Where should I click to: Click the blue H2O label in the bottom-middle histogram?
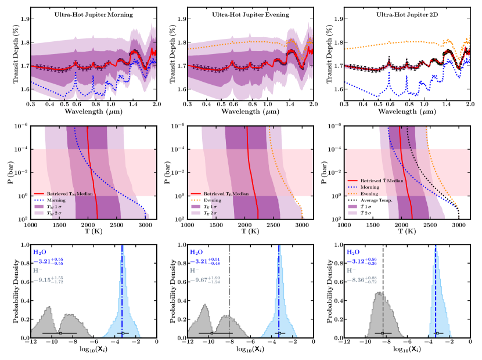tap(197, 252)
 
